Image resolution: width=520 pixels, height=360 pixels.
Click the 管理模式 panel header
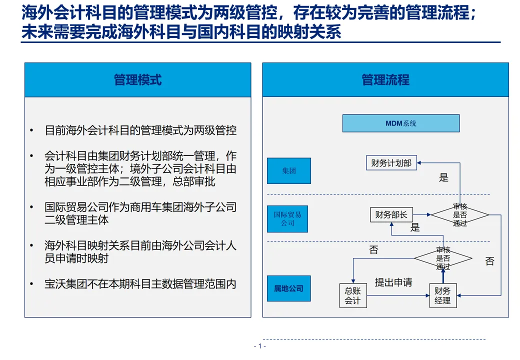[x=137, y=80]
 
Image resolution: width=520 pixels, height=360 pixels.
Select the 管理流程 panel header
[x=385, y=80]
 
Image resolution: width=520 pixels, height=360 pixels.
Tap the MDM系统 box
[x=400, y=123]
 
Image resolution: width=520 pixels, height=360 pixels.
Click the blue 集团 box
[x=288, y=171]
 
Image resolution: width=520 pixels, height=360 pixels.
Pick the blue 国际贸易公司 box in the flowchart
[x=287, y=219]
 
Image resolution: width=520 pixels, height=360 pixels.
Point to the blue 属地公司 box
[x=288, y=288]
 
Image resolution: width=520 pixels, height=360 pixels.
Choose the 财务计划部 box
[x=391, y=163]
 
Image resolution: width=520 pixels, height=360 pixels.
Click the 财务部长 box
[x=391, y=215]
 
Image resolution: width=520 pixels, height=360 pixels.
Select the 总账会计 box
[x=352, y=295]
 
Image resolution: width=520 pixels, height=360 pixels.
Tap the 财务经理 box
[x=442, y=295]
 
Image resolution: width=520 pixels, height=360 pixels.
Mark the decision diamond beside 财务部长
[x=459, y=215]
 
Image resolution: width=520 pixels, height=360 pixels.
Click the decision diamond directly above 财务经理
[x=442, y=258]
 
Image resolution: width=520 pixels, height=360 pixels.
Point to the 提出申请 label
[x=393, y=282]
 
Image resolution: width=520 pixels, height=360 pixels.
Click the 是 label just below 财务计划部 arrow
[x=443, y=177]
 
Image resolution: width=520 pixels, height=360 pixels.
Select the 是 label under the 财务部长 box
[x=415, y=228]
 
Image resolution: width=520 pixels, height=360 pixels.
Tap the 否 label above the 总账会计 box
[x=373, y=250]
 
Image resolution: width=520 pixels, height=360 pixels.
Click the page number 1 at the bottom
[x=259, y=346]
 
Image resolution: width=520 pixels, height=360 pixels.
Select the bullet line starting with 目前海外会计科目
[x=140, y=130]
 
